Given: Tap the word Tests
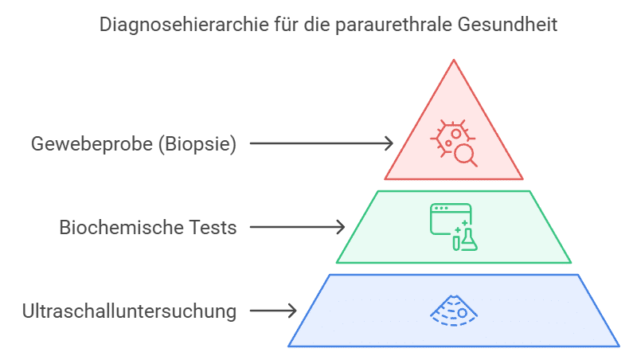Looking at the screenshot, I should pos(210,227).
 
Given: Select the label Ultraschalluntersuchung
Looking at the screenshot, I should pos(130,311).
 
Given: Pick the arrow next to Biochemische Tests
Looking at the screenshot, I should pos(297,227).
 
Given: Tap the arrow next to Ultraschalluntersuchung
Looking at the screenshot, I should pos(273,311).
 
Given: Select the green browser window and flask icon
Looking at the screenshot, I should pos(453,227).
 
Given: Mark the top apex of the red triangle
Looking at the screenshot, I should pos(454,60).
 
